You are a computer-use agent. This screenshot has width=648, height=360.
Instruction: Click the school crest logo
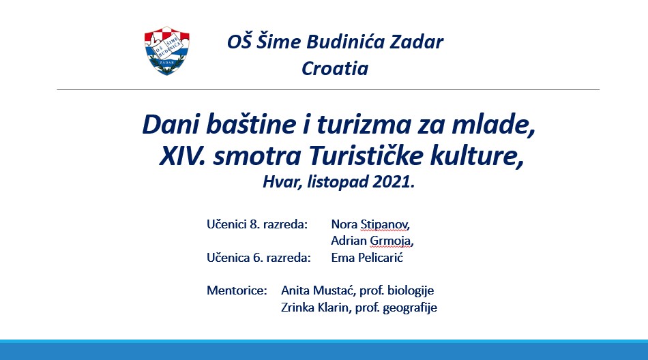tap(167, 50)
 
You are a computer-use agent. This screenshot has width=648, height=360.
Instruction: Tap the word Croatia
tap(335, 68)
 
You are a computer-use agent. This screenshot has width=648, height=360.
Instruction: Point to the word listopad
tap(338, 182)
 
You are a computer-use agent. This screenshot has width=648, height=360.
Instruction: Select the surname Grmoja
tap(392, 241)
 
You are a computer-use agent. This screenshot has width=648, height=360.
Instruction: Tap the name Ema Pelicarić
tap(367, 258)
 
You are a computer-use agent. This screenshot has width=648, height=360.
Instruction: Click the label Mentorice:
tap(237, 290)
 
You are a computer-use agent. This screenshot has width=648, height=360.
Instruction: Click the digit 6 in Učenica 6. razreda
tap(256, 258)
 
